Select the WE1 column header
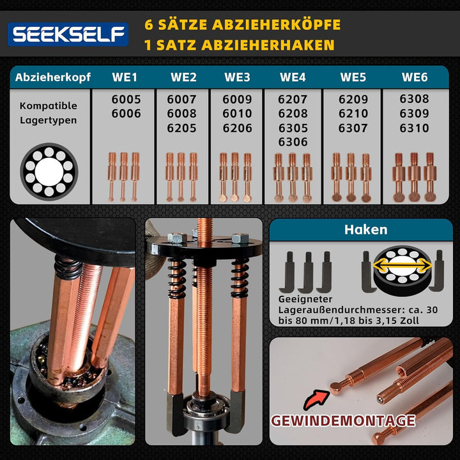125,78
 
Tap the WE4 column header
293,78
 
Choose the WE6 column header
415,78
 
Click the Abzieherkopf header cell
51,78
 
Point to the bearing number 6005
126,100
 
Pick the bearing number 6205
182,128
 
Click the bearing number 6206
238,128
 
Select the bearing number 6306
293,142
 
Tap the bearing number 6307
353,128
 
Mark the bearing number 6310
415,128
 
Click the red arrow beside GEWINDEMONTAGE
314,401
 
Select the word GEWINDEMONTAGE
344,421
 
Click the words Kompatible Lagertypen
48,112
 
